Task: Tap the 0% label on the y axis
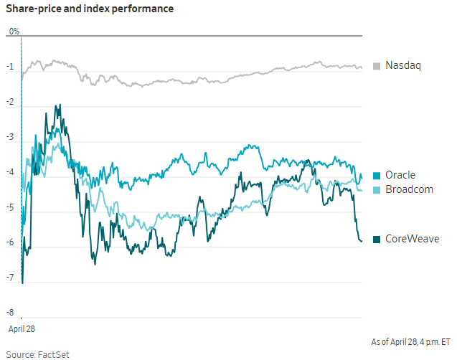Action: coord(14,32)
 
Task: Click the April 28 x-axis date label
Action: coord(22,328)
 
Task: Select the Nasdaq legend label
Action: coord(402,66)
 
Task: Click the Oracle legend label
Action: coord(400,175)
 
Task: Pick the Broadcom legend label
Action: coord(409,189)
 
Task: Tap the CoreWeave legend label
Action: coord(412,239)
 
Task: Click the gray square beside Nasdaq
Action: coord(377,66)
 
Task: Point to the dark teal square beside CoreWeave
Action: coord(377,239)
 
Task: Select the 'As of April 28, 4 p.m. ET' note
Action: coord(410,341)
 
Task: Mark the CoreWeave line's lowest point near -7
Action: coord(22,282)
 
